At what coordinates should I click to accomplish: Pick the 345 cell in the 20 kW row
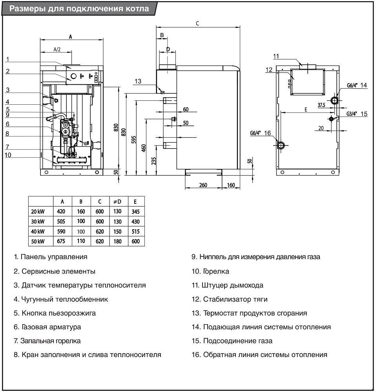click(135, 212)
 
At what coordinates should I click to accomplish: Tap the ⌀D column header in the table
click(117, 201)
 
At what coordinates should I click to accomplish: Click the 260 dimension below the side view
click(203, 185)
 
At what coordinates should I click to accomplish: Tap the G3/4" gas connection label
click(351, 114)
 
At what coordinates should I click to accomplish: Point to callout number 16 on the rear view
click(268, 133)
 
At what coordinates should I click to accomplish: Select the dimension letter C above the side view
click(197, 24)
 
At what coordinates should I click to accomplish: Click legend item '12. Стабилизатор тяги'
click(230, 299)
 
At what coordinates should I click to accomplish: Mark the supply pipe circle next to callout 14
click(334, 100)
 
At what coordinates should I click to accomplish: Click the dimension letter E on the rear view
click(305, 110)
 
